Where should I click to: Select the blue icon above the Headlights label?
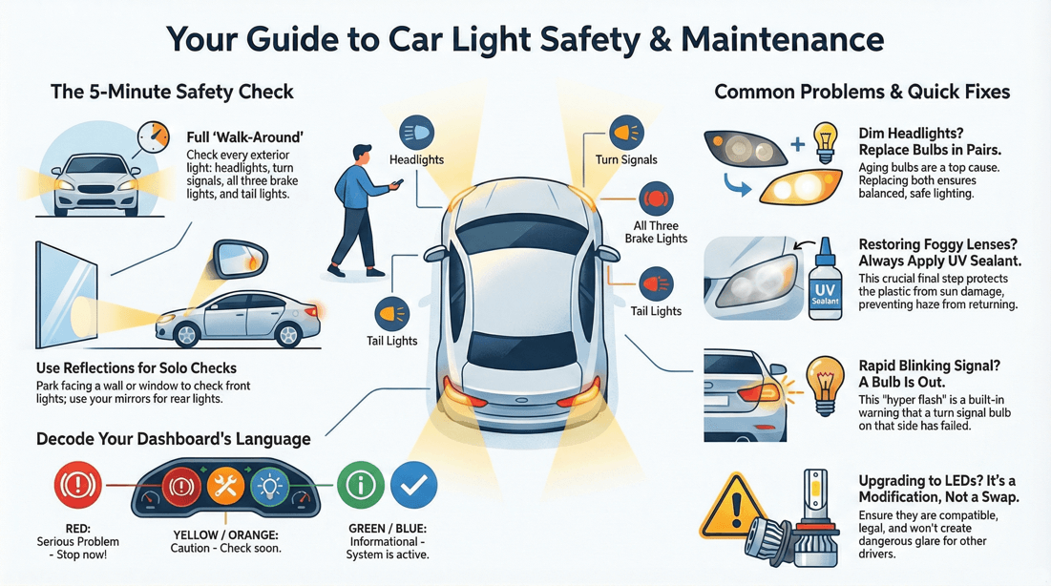[x=416, y=133]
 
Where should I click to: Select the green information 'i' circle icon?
[x=361, y=485]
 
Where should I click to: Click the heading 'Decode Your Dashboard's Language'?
[x=173, y=439]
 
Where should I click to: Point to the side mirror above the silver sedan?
[x=242, y=261]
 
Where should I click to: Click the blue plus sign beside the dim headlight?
[x=797, y=145]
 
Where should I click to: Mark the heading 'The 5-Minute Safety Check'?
[x=172, y=93]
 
